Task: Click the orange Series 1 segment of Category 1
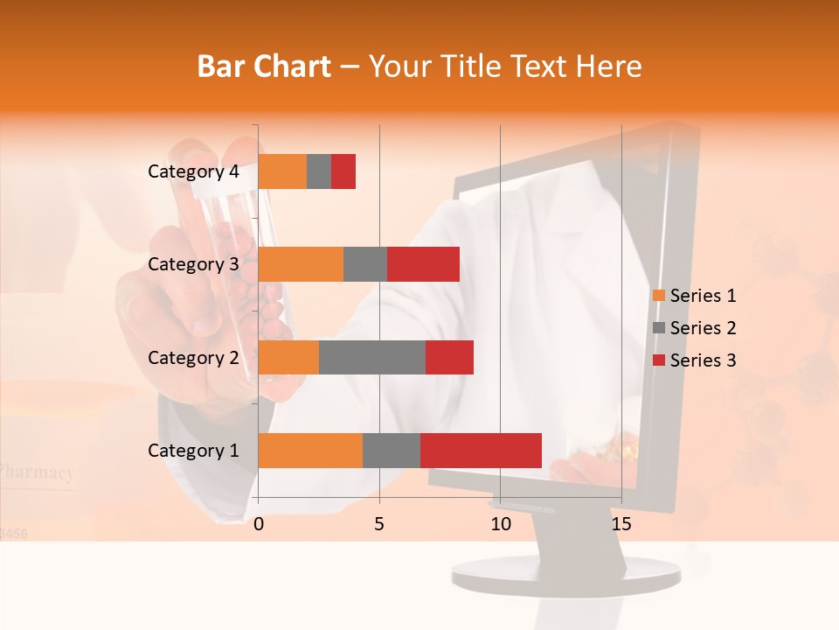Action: coord(310,451)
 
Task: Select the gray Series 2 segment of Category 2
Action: coord(371,357)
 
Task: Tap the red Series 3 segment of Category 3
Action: coord(423,264)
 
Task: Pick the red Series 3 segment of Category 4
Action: coord(343,171)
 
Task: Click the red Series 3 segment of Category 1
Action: coord(481,451)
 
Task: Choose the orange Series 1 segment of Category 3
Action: coord(301,264)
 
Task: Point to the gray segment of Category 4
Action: coord(319,171)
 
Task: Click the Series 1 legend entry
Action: coord(694,296)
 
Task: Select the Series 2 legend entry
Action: coord(694,328)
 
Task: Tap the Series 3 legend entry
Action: coord(694,360)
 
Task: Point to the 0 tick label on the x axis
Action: coord(259,524)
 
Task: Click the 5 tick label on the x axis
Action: coord(379,524)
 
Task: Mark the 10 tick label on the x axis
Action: coord(500,524)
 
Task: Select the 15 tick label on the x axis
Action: coord(621,524)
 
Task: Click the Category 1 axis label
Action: coord(193,451)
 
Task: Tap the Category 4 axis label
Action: coord(193,171)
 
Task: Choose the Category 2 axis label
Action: coord(193,357)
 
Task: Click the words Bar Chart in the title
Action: coord(264,66)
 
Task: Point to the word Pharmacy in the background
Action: coord(37,472)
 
